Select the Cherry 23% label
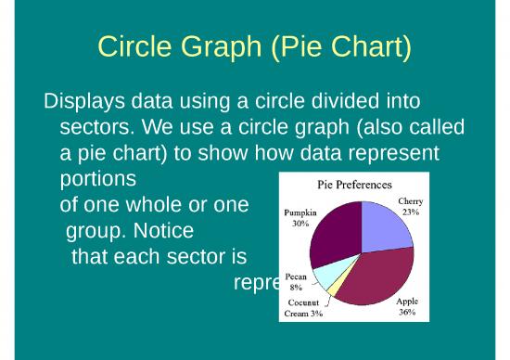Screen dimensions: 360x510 pos(411,206)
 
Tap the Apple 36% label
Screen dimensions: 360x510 pos(407,307)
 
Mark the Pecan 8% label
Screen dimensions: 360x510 pos(296,282)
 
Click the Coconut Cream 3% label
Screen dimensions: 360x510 pos(303,308)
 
